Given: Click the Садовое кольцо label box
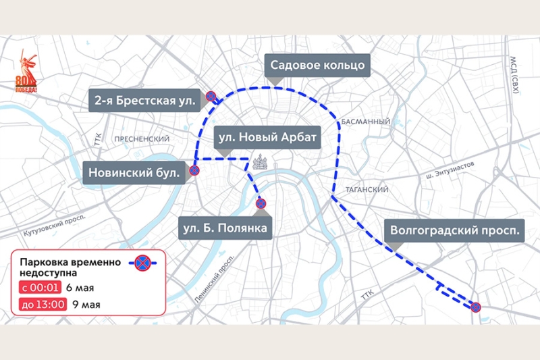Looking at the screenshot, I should coord(317,66).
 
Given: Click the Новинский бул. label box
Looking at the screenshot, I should coord(135,173).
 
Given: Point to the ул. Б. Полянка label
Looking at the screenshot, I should coord(225,228).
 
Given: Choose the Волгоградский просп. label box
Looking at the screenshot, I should coord(456,230).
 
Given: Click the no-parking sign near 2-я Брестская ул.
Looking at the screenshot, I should coord(211,97).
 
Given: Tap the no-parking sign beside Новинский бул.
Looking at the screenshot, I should coord(194,171).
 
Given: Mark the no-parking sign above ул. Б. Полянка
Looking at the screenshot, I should coord(261,203).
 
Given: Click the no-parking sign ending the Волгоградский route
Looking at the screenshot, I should coord(475,307).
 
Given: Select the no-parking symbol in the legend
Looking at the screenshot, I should coord(142,263).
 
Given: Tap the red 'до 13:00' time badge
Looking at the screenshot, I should coord(43,304).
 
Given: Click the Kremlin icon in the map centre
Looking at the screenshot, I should coord(260,162).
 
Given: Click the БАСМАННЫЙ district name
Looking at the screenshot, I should coord(366,122).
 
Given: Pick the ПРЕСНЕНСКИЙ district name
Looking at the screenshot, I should coord(141,138).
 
